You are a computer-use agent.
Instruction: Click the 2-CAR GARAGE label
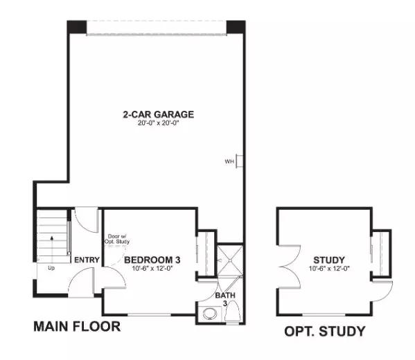[x=158, y=114]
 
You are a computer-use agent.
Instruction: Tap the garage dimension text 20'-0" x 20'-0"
[x=158, y=123]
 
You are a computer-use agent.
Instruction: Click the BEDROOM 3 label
[x=152, y=260]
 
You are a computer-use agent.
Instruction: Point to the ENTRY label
[x=87, y=260]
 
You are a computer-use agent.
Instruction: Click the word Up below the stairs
[x=51, y=268]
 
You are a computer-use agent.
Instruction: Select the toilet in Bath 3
[x=232, y=312]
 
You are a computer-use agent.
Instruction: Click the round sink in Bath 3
[x=210, y=314]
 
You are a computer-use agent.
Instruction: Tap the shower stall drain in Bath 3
[x=230, y=260]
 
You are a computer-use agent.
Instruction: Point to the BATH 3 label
[x=225, y=299]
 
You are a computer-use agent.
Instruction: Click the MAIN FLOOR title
[x=77, y=326]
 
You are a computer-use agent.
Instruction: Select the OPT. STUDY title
[x=325, y=331]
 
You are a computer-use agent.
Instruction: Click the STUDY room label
[x=329, y=260]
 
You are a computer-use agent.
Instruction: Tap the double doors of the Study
[x=290, y=266]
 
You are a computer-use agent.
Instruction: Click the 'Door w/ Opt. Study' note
[x=117, y=239]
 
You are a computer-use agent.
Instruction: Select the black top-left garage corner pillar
[x=77, y=27]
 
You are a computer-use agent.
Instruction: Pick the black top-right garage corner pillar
[x=236, y=27]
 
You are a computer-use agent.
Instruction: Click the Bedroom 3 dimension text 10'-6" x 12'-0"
[x=152, y=269]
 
